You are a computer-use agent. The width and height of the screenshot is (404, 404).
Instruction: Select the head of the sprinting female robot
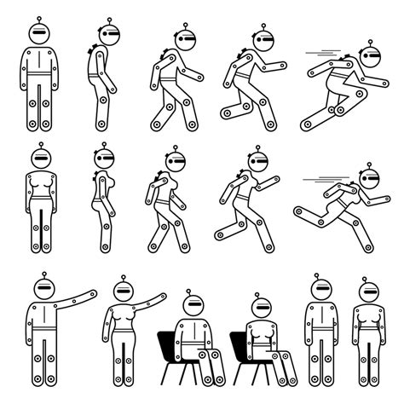(367, 178)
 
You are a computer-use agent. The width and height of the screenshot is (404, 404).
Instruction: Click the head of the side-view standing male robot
(108, 35)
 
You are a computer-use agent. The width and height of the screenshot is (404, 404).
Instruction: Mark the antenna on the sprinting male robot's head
(371, 43)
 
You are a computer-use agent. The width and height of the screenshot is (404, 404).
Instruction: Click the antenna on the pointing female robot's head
(123, 280)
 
